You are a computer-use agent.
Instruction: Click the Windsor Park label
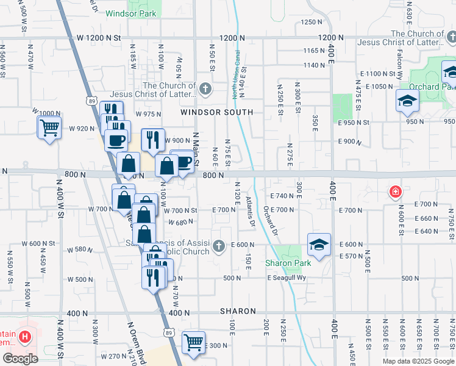[130, 13]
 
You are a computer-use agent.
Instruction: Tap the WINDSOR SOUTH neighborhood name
[216, 112]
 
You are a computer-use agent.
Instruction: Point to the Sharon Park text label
[288, 263]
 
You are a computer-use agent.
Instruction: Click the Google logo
[21, 358]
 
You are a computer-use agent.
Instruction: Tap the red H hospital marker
[25, 336]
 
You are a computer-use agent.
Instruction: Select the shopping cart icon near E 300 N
[194, 342]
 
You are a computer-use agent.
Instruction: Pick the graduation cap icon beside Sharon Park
[319, 245]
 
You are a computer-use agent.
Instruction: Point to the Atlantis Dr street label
[250, 211]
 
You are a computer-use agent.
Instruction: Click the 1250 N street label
[311, 22]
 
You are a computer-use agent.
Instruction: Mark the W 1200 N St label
[99, 38]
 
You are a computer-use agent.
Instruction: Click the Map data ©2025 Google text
[418, 361]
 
